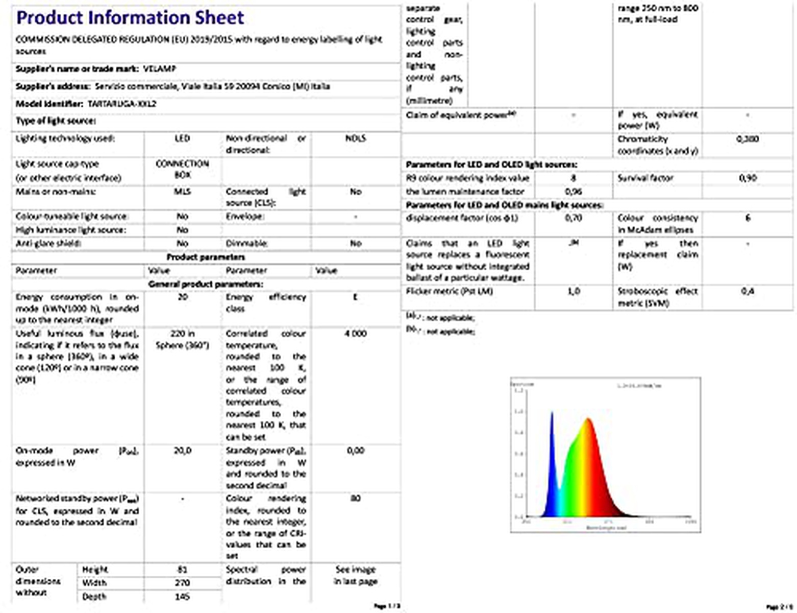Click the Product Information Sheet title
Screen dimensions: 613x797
tap(130, 17)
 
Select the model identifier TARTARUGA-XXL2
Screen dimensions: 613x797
tap(122, 104)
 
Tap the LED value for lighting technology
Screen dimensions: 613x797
tap(182, 138)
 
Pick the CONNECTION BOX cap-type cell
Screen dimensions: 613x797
tap(182, 169)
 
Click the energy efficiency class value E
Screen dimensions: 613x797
tap(355, 297)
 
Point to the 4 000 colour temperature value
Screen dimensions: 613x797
tap(355, 334)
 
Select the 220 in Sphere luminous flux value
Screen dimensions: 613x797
tap(182, 339)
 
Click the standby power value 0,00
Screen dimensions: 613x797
tap(355, 451)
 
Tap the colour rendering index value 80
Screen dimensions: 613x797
tap(355, 498)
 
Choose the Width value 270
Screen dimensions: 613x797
tap(182, 582)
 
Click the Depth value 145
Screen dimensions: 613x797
tap(182, 596)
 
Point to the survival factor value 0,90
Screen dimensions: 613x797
tap(748, 178)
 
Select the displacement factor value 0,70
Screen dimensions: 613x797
tap(574, 218)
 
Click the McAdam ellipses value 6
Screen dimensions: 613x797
tap(748, 218)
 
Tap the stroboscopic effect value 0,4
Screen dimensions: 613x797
tap(748, 291)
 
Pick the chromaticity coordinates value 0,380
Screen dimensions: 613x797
tap(748, 139)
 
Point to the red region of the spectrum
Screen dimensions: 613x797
tap(602, 475)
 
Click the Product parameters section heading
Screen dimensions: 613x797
tap(206, 257)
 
